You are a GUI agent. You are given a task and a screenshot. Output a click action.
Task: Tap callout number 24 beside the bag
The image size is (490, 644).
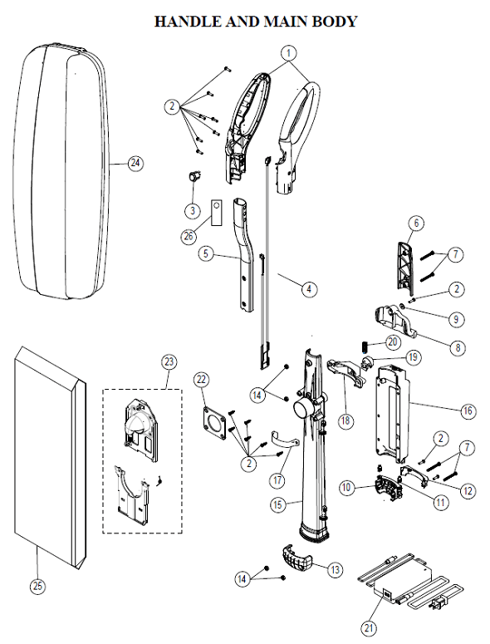(x=136, y=163)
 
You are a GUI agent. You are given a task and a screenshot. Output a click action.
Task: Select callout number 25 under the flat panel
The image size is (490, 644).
(x=37, y=586)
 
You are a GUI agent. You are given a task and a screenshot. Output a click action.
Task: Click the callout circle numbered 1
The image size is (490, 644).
(x=288, y=52)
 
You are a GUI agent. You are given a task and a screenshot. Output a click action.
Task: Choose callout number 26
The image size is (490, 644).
(x=189, y=235)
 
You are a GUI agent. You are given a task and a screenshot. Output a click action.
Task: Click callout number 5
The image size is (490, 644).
(x=204, y=254)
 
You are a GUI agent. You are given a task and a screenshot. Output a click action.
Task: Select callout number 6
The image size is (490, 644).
(x=416, y=223)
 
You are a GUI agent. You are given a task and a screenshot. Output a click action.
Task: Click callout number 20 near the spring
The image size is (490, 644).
(x=393, y=342)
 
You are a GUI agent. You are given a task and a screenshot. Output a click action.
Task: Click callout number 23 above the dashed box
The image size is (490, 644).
(x=169, y=361)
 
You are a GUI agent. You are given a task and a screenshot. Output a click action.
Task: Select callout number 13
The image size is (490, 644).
(x=335, y=570)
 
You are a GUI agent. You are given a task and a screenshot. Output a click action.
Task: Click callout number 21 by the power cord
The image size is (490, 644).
(x=366, y=627)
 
